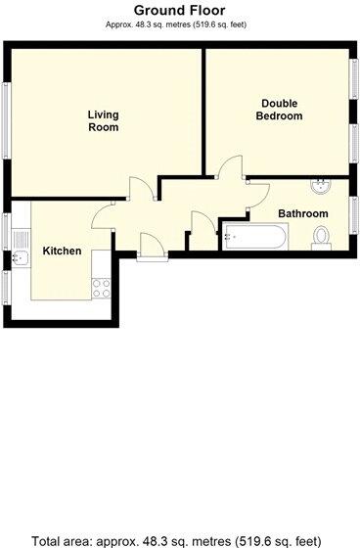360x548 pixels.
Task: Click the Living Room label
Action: pos(103,119)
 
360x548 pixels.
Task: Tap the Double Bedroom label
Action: pos(279,109)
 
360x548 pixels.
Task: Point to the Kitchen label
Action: pos(62,251)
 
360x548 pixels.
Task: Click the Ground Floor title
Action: pos(180,11)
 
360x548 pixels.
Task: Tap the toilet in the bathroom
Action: pos(321,237)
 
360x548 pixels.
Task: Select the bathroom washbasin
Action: pos(320,187)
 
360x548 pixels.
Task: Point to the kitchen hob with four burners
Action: pos(99,287)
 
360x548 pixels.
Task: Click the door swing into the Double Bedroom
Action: pos(231,168)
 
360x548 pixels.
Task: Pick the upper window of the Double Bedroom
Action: pos(353,79)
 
